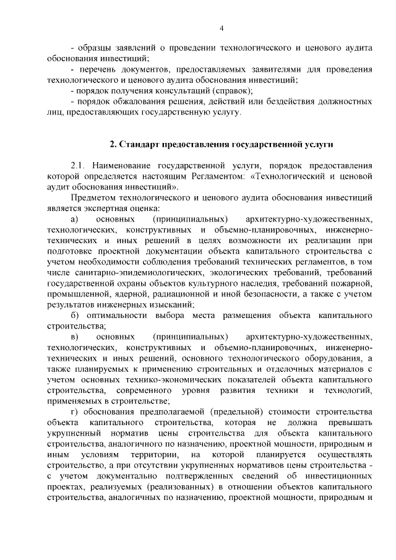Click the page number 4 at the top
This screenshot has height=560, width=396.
(222, 27)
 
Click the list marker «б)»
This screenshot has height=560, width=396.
(75, 315)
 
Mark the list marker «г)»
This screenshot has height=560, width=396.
(74, 411)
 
